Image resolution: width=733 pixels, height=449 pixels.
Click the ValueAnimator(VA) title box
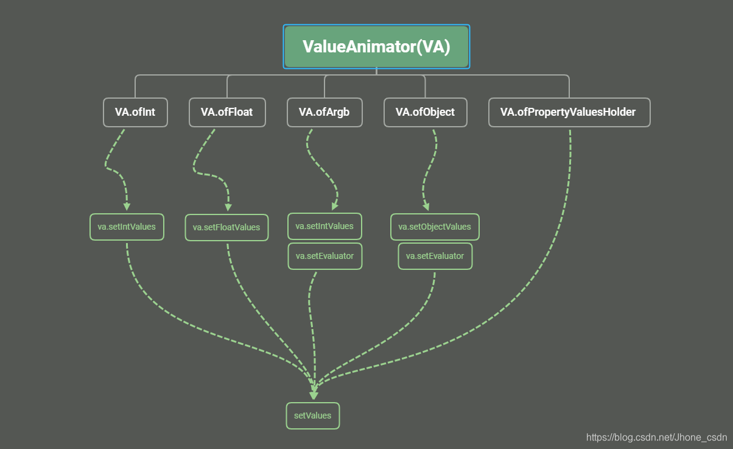click(x=376, y=46)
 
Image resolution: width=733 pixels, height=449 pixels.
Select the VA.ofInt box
click(x=135, y=112)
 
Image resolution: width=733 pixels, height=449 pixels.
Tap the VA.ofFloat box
click(x=227, y=112)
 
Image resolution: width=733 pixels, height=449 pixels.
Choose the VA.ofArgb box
click(x=324, y=112)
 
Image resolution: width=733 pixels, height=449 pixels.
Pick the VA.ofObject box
click(x=425, y=112)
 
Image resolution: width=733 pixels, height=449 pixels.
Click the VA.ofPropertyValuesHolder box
click(x=569, y=112)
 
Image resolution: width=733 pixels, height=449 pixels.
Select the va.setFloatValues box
click(x=226, y=227)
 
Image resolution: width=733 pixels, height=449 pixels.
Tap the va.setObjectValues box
click(x=435, y=227)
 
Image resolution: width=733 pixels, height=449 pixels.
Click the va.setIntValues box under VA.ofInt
click(x=127, y=227)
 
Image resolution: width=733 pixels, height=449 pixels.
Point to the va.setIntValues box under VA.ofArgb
click(x=324, y=226)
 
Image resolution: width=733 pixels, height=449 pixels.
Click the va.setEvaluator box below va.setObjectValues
click(x=435, y=256)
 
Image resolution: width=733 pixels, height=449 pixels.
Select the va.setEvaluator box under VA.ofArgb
click(x=324, y=256)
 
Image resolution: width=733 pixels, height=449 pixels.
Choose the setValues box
click(x=313, y=415)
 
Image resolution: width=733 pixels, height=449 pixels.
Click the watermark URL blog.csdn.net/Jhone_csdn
click(x=656, y=437)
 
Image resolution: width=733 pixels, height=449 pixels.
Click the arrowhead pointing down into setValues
click(x=314, y=395)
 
